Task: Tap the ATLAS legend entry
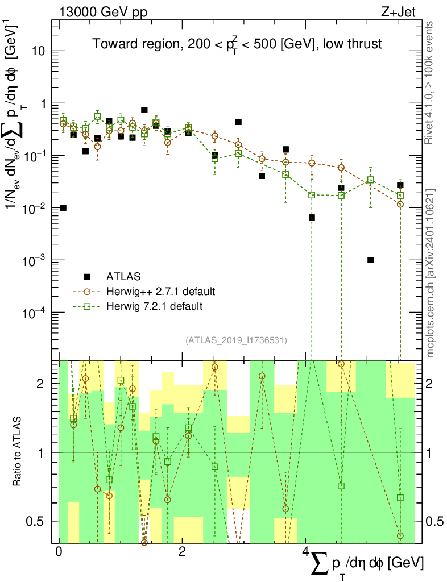pyautogui.click(x=122, y=277)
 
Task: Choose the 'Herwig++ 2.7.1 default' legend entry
pyautogui.click(x=160, y=292)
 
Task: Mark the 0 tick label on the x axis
pyautogui.click(x=59, y=552)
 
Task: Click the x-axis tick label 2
pyautogui.click(x=181, y=552)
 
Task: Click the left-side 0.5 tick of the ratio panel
pyautogui.click(x=36, y=521)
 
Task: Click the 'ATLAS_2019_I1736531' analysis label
pyautogui.click(x=236, y=340)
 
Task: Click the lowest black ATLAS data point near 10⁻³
pyautogui.click(x=370, y=260)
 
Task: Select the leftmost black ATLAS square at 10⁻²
pyautogui.click(x=63, y=207)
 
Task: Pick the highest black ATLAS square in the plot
pyautogui.click(x=144, y=110)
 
